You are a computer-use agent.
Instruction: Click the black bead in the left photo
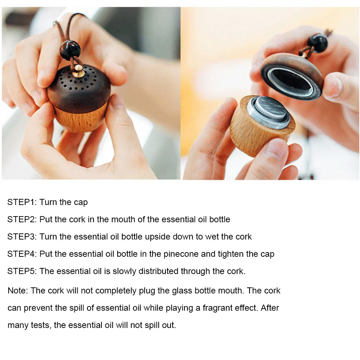70,50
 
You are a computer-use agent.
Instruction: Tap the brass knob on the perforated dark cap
78,71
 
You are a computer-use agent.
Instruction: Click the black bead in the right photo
318,43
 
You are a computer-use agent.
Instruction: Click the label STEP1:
22,202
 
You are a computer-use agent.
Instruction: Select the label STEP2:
22,219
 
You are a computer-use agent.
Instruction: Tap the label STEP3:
22,237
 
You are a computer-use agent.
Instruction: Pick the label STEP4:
22,254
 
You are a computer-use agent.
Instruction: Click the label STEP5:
22,271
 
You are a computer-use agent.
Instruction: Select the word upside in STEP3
158,237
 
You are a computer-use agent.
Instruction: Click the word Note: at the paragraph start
18,291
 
